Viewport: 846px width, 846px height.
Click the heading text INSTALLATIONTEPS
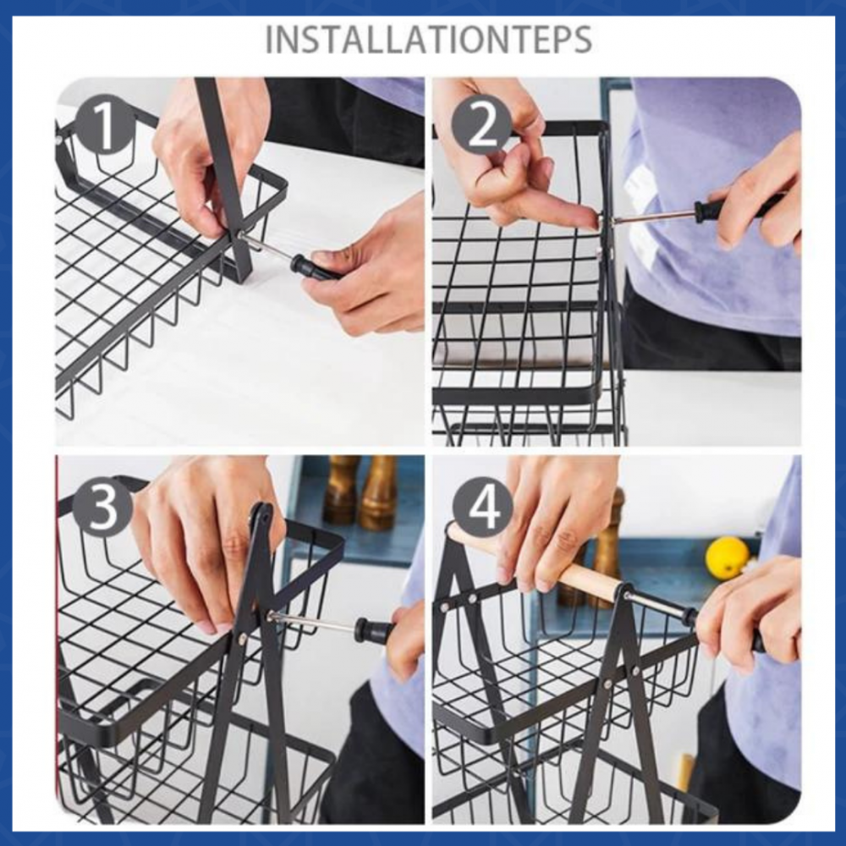(429, 39)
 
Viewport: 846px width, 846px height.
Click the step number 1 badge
(104, 126)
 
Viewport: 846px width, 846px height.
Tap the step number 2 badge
(482, 126)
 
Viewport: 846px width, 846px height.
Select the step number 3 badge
(102, 506)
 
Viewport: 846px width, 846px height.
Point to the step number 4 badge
(482, 506)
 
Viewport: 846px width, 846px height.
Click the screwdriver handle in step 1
(312, 267)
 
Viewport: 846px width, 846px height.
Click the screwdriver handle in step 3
(372, 629)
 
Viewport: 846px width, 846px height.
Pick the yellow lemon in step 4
(728, 557)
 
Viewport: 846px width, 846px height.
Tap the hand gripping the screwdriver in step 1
(367, 270)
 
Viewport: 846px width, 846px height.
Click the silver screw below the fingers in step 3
(243, 638)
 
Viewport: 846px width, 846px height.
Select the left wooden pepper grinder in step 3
(339, 490)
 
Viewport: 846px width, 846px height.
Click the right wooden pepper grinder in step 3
(379, 492)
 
